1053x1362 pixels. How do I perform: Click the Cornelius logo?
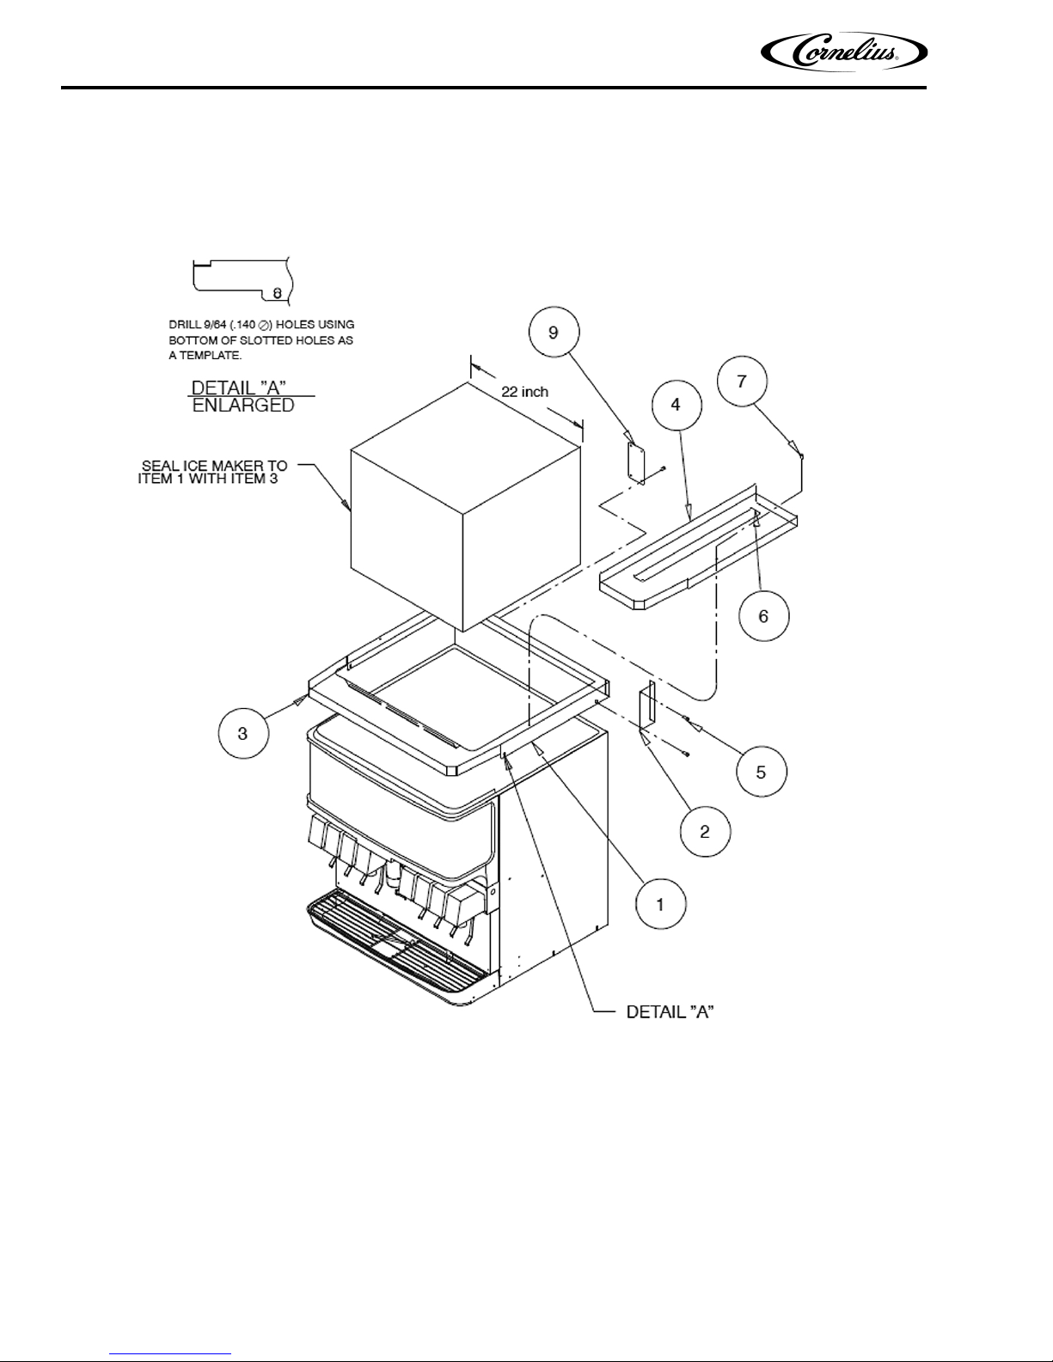[x=843, y=52]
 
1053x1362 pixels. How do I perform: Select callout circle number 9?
[x=554, y=333]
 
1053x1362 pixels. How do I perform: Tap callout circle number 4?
[x=676, y=405]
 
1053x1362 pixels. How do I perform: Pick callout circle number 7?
[x=742, y=381]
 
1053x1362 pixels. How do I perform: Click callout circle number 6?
[x=763, y=616]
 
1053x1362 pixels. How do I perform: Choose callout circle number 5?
[x=762, y=772]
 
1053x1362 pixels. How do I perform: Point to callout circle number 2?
[x=705, y=832]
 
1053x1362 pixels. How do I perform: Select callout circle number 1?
[x=661, y=905]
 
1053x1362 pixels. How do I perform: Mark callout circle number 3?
[x=243, y=733]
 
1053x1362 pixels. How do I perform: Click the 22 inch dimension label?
[x=524, y=392]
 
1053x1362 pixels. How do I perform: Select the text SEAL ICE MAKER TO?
[x=214, y=466]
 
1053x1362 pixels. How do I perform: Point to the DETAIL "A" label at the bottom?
[x=670, y=1011]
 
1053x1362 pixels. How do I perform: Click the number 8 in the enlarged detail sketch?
[x=277, y=293]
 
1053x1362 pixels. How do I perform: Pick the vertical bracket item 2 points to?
[x=646, y=706]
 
